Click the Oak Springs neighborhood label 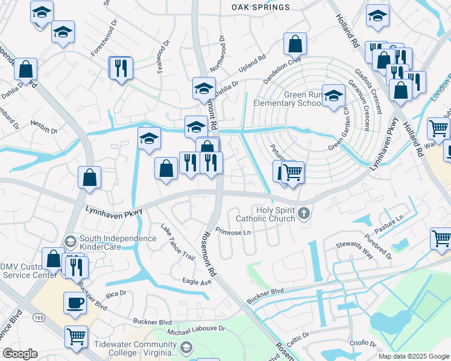click(260, 7)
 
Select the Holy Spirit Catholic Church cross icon click(305, 212)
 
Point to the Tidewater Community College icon click(187, 347)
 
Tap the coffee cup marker click(75, 303)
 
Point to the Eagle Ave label click(197, 281)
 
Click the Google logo click(20, 353)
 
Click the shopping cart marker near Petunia click(293, 173)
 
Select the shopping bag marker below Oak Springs click(295, 44)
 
